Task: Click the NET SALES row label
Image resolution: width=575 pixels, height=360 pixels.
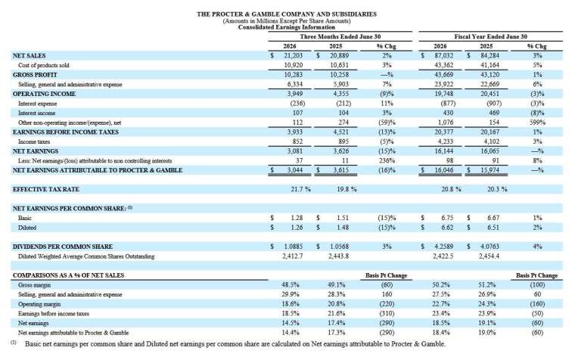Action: (x=30, y=56)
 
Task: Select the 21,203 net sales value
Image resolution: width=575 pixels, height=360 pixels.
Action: (x=294, y=56)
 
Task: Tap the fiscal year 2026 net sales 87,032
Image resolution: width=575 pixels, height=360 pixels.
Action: (x=443, y=56)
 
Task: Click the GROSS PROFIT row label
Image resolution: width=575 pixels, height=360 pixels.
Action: (x=35, y=75)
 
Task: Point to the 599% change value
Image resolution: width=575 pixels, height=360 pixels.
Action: (x=538, y=123)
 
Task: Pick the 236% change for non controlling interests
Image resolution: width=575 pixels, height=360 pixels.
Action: (x=387, y=160)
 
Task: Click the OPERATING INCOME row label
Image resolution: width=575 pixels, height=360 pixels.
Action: (x=44, y=94)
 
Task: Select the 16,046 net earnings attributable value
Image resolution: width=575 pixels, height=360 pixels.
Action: (x=443, y=170)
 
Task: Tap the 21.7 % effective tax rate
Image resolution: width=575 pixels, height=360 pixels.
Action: (x=300, y=189)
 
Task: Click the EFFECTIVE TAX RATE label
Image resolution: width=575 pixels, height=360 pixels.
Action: (x=46, y=189)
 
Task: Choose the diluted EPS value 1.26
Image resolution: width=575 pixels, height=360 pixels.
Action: (x=297, y=228)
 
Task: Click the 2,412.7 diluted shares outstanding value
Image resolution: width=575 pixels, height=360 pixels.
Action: (x=293, y=256)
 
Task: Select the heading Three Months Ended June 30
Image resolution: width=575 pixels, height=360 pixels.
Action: (x=340, y=36)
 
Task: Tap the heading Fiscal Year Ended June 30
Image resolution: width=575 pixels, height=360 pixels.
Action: (x=491, y=36)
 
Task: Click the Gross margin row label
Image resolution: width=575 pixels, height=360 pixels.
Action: (x=35, y=285)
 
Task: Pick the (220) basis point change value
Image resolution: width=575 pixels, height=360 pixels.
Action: (x=387, y=304)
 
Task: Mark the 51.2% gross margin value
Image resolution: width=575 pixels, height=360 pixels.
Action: (x=487, y=285)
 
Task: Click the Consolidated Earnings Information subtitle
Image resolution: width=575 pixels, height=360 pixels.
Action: (x=287, y=27)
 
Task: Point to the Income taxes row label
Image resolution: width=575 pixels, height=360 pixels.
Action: (x=34, y=141)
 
